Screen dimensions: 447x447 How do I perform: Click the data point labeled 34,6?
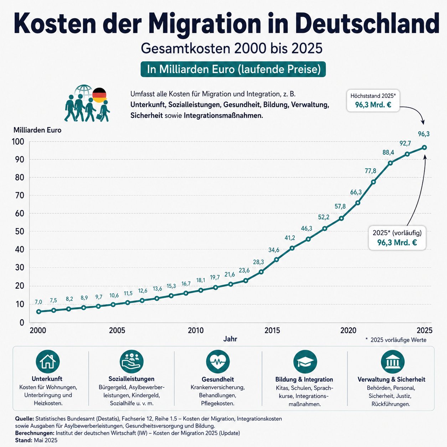[276, 260]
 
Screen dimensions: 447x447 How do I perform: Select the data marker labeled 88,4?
[390, 163]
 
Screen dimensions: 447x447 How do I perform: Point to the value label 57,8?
[340, 206]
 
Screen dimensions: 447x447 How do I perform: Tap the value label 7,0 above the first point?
[38, 302]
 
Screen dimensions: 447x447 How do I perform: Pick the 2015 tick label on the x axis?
[272, 330]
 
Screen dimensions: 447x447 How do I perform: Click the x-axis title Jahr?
[230, 339]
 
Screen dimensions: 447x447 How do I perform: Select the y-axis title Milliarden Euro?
[37, 130]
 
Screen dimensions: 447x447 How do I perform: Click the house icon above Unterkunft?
[48, 362]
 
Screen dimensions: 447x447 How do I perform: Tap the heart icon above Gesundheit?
[218, 362]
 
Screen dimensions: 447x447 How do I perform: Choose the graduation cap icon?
[305, 362]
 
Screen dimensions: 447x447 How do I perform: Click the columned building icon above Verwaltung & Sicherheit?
[393, 362]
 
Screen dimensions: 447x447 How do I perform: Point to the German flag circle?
[99, 95]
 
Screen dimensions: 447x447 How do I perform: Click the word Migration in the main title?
[206, 24]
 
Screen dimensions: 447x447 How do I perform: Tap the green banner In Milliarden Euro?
[233, 70]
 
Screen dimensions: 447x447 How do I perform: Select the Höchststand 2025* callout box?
[373, 101]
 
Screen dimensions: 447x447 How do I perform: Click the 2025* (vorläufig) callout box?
[397, 238]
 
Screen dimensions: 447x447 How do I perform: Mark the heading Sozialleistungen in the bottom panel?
[131, 379]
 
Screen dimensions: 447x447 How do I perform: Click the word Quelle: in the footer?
[25, 419]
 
